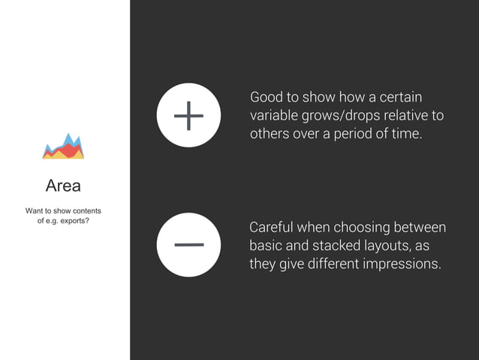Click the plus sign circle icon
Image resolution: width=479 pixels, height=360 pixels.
188,116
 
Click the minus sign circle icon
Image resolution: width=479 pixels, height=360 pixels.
188,244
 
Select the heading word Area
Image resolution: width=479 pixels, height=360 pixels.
63,185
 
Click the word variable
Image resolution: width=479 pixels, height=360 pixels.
273,116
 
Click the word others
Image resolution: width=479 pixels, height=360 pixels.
269,135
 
